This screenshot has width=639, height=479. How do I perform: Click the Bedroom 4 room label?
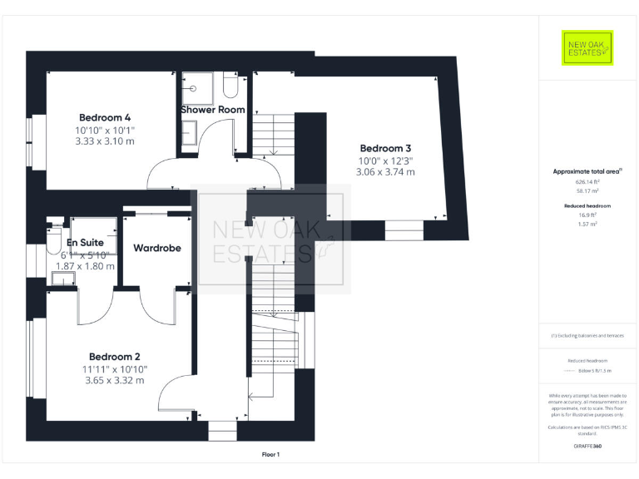click(x=105, y=117)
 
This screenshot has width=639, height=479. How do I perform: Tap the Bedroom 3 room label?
click(x=385, y=148)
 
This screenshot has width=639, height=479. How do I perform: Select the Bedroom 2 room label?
click(x=115, y=356)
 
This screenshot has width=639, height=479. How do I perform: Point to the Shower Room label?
click(x=213, y=110)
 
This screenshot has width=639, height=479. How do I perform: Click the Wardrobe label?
click(x=157, y=248)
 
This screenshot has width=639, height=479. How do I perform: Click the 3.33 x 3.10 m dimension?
click(x=105, y=141)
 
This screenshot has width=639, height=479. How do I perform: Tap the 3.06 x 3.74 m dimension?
click(x=386, y=172)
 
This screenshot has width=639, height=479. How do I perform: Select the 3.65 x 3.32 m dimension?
click(x=115, y=381)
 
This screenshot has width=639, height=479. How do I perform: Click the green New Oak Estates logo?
click(x=587, y=48)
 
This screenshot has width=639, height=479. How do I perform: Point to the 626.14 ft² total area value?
click(x=587, y=181)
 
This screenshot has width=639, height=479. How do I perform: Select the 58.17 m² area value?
click(x=587, y=190)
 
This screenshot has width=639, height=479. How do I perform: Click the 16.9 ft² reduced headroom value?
click(x=587, y=215)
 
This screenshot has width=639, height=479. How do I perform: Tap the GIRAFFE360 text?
click(x=587, y=447)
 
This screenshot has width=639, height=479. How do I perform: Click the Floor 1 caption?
click(x=270, y=454)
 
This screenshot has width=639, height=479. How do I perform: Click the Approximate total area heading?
click(x=587, y=171)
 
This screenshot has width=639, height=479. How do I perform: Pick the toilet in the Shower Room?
click(x=231, y=85)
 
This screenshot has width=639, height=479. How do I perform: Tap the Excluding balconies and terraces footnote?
click(x=587, y=335)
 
